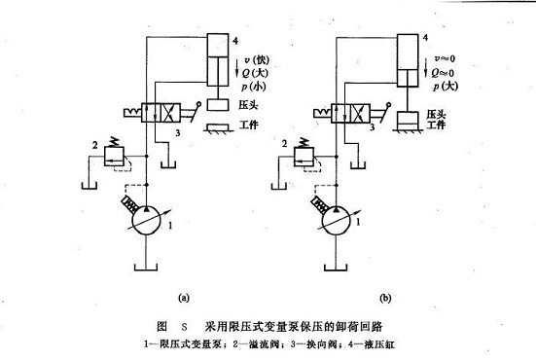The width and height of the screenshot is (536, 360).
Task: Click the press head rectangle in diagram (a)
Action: point(220,104)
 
